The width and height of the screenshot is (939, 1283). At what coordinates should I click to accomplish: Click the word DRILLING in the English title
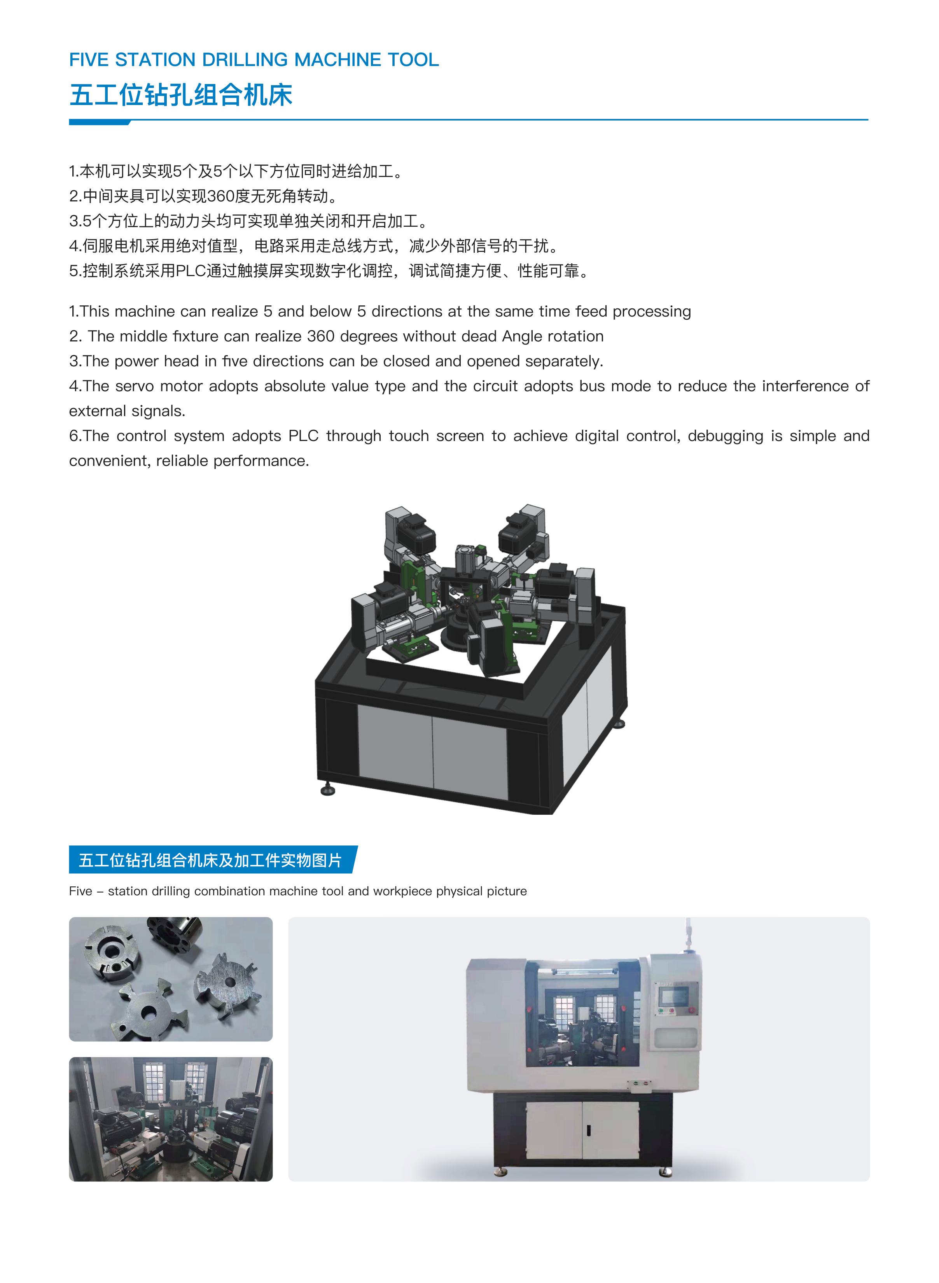pyautogui.click(x=245, y=60)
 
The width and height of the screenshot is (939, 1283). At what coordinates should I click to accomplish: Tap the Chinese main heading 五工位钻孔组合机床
pyautogui.click(x=181, y=95)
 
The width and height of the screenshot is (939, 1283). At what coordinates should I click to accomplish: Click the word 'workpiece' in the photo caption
pyautogui.click(x=402, y=891)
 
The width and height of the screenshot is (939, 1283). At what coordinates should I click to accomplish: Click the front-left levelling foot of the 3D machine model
pyautogui.click(x=328, y=789)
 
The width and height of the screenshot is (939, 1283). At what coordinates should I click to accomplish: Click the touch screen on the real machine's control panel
pyautogui.click(x=675, y=995)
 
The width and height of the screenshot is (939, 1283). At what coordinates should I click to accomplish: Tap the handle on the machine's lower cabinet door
pyautogui.click(x=588, y=1131)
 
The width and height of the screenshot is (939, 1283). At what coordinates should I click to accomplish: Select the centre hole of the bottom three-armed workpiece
pyautogui.click(x=149, y=1012)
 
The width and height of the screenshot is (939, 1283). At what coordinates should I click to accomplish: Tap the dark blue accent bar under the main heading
pyautogui.click(x=100, y=122)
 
